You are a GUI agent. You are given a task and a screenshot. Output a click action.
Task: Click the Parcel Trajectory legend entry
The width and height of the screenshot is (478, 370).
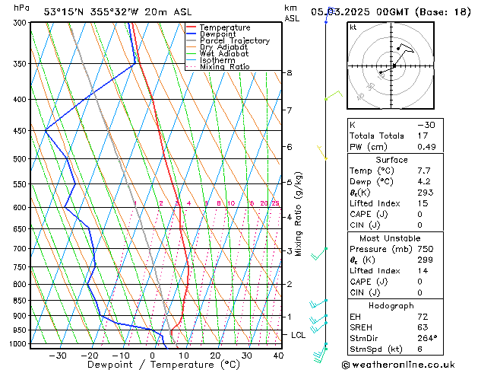click(234, 40)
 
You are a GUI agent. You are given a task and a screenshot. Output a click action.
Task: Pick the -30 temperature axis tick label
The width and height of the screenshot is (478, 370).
click(58, 355)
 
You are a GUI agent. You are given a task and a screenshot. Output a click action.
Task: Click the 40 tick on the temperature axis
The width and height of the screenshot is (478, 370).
click(278, 355)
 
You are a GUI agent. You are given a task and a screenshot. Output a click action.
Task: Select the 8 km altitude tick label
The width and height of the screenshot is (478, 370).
click(289, 72)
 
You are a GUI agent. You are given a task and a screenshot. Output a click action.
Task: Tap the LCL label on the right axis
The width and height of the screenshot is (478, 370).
click(299, 334)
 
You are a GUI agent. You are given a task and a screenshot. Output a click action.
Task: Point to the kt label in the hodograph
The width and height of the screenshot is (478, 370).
click(353, 27)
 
